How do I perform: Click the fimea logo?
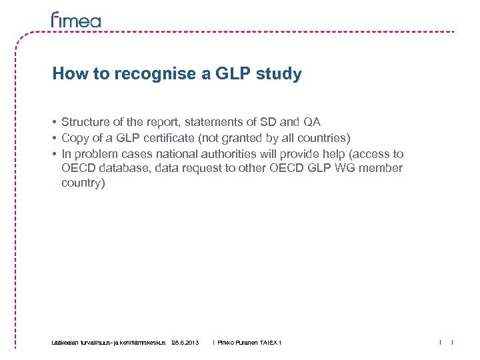click(76, 20)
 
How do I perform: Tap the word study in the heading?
click(281, 74)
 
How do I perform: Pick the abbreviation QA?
click(312, 122)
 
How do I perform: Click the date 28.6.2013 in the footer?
click(185, 342)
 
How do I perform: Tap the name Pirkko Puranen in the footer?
click(237, 342)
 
